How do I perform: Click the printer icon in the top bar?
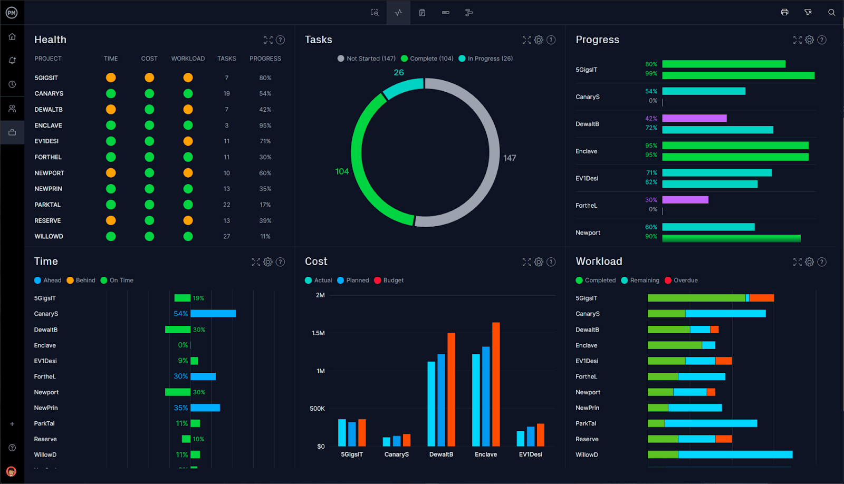(x=784, y=12)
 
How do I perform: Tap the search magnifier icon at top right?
(x=831, y=12)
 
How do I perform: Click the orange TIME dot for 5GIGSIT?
(x=111, y=78)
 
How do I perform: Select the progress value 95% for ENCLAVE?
(x=265, y=125)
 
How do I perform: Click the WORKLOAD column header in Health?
(x=188, y=59)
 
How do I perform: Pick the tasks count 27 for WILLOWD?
(x=226, y=236)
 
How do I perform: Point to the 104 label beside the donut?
(x=342, y=171)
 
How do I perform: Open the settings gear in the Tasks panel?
(x=539, y=40)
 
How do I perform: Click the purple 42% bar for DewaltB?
(x=694, y=119)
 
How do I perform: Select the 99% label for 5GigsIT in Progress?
(x=651, y=73)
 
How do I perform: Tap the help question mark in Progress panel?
(x=822, y=40)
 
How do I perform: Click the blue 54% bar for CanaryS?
(x=213, y=314)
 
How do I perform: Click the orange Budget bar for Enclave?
(x=496, y=384)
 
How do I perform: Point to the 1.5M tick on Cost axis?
(x=318, y=333)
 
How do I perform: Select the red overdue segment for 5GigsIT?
(x=761, y=298)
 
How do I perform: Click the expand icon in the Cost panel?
(x=526, y=262)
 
